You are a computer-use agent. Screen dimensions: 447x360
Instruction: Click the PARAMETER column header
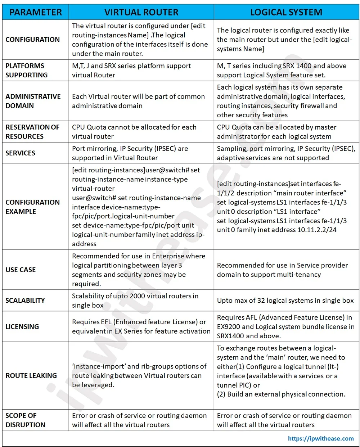coord(35,12)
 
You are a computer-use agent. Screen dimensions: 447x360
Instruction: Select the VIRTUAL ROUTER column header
coord(141,12)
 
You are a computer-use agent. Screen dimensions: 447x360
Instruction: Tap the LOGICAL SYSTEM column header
coord(286,12)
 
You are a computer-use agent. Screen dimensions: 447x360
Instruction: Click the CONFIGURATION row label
coord(32,40)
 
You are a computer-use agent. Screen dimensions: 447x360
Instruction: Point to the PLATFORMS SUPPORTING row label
coord(27,71)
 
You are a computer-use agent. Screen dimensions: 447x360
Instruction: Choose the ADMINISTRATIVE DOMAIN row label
coord(33,101)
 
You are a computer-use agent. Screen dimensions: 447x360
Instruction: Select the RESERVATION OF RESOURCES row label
coord(32,132)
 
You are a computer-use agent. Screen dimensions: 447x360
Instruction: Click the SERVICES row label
coord(21,153)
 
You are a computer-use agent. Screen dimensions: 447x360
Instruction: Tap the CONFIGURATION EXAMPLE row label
coord(32,207)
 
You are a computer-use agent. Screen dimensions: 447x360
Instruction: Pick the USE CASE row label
coord(21,270)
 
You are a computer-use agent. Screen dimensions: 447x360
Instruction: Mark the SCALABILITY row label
coord(25,301)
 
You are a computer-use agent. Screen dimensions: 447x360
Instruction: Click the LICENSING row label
coord(22,327)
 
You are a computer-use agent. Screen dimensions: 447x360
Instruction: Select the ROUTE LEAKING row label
coord(31,376)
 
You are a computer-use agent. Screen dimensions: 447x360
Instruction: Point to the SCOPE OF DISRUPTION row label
coord(25,420)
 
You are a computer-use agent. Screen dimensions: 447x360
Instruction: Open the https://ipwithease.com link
coord(321,438)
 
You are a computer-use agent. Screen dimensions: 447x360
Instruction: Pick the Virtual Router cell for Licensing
coord(141,327)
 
